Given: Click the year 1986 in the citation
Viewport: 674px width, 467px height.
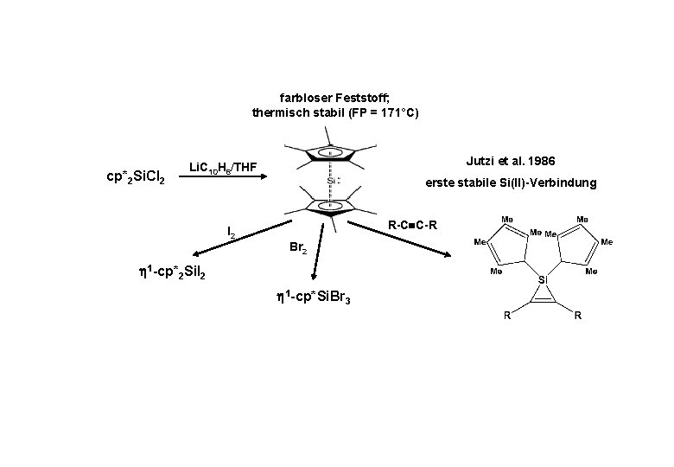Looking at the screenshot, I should tap(538, 162).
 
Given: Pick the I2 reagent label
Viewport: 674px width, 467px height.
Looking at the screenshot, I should tap(232, 232).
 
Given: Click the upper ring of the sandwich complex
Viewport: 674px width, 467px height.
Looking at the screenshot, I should tap(330, 152).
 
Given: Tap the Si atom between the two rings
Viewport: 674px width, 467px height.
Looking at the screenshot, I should tap(331, 181).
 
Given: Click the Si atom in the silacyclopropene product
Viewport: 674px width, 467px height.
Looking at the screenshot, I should tap(543, 280).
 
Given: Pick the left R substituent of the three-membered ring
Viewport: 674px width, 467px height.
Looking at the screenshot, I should tap(507, 316).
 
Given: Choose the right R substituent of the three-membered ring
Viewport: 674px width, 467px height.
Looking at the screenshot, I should tap(577, 316).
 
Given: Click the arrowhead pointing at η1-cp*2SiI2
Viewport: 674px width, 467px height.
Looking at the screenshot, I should tap(198, 254).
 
